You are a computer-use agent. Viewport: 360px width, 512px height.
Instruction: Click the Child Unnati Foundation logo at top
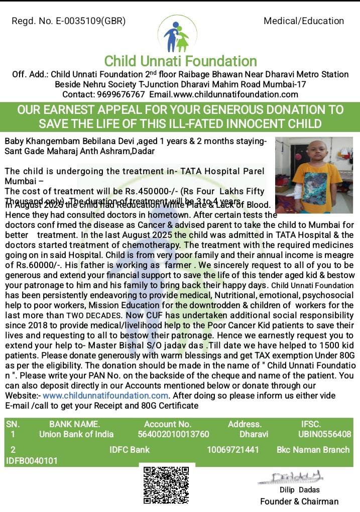176,34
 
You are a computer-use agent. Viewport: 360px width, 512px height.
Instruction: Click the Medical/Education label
304,21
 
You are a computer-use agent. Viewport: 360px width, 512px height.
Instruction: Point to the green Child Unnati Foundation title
180,61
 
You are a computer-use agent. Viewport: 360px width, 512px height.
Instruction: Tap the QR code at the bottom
167,485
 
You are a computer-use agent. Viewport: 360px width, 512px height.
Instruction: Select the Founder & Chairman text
299,501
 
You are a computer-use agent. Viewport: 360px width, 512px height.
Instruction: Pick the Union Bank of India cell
76,434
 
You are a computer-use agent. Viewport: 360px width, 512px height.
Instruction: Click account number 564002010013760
173,434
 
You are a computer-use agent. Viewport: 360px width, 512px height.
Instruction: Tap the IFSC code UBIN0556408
325,434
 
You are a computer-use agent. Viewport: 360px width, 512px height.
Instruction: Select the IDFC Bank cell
130,450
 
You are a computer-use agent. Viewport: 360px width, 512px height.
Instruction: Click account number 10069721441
233,450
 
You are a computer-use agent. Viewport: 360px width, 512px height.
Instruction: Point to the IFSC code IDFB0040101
32,460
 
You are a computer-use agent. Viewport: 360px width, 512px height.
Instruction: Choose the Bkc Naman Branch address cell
313,450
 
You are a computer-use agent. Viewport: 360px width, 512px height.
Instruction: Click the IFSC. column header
311,424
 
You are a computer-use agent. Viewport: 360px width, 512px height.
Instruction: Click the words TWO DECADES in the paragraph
94,315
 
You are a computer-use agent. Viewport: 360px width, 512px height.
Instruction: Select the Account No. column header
168,424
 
